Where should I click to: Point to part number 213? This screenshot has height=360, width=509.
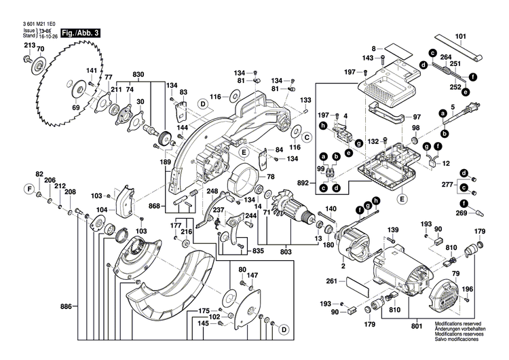coord(29,46)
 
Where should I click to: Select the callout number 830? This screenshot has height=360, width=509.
coord(138,73)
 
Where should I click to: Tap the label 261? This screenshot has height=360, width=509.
coord(332,281)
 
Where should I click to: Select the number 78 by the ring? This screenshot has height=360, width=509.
coord(271,177)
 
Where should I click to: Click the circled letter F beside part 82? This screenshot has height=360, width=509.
coord(29,188)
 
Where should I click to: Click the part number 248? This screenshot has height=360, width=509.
coord(212,192)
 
